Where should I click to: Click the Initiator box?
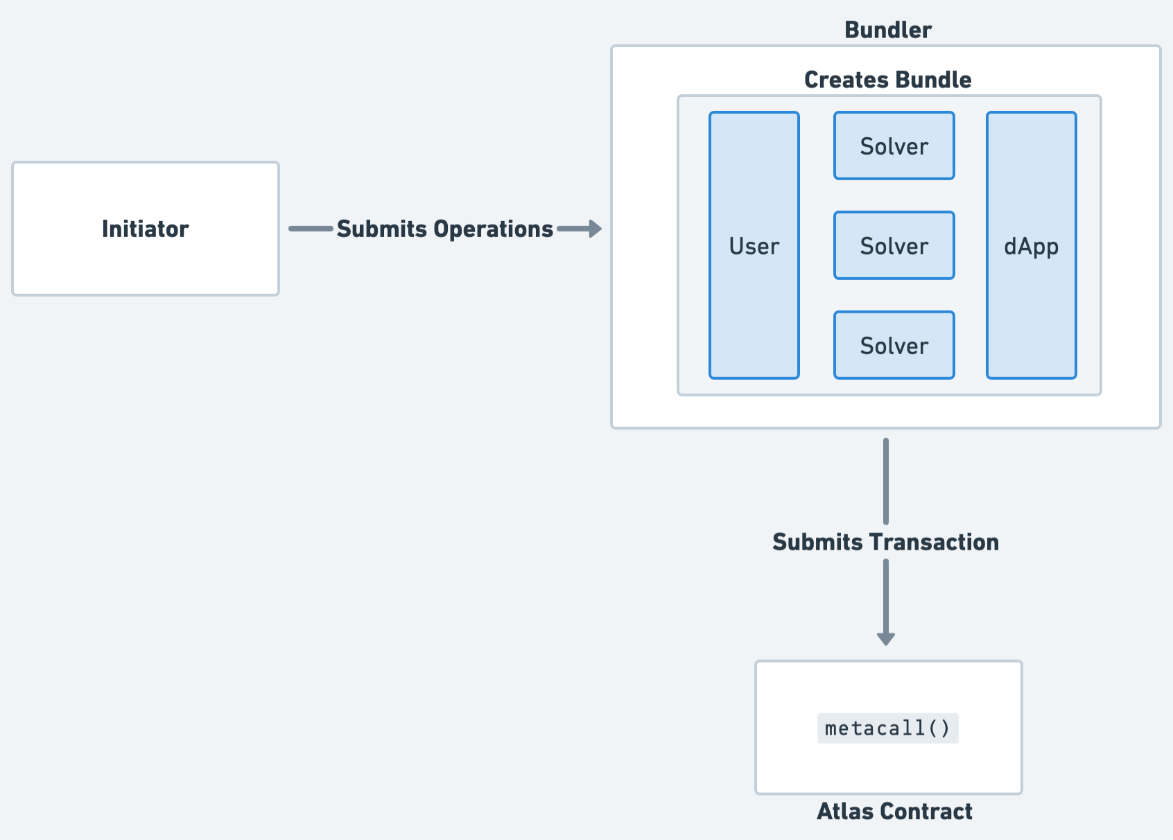click(x=146, y=229)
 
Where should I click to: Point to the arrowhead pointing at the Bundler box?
click(x=594, y=229)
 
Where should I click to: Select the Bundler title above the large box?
click(x=887, y=30)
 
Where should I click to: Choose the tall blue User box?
click(x=754, y=245)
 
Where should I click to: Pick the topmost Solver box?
click(x=894, y=146)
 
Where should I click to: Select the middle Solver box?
click(x=894, y=246)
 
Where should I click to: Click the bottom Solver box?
click(x=894, y=345)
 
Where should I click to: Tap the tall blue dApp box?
click(x=1031, y=245)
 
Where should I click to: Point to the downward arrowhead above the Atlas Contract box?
click(x=885, y=638)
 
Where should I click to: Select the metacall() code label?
click(x=887, y=728)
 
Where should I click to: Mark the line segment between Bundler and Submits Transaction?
click(x=885, y=481)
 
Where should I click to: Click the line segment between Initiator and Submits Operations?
click(x=311, y=229)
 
